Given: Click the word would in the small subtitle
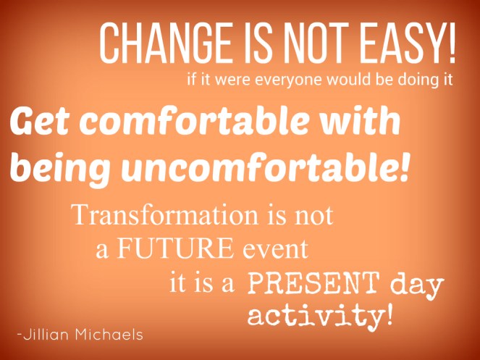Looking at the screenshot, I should click(x=331, y=80).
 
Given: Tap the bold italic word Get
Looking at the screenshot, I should click(x=40, y=124).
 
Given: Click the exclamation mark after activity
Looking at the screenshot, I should click(x=390, y=314).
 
